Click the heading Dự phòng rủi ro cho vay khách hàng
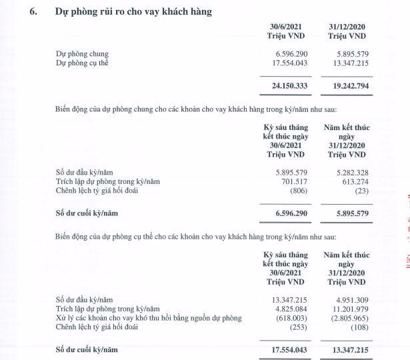[x=134, y=11]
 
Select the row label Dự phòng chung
[x=82, y=53]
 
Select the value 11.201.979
[x=347, y=309]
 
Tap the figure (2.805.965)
[x=347, y=319]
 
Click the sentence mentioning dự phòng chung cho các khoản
[x=200, y=109]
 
